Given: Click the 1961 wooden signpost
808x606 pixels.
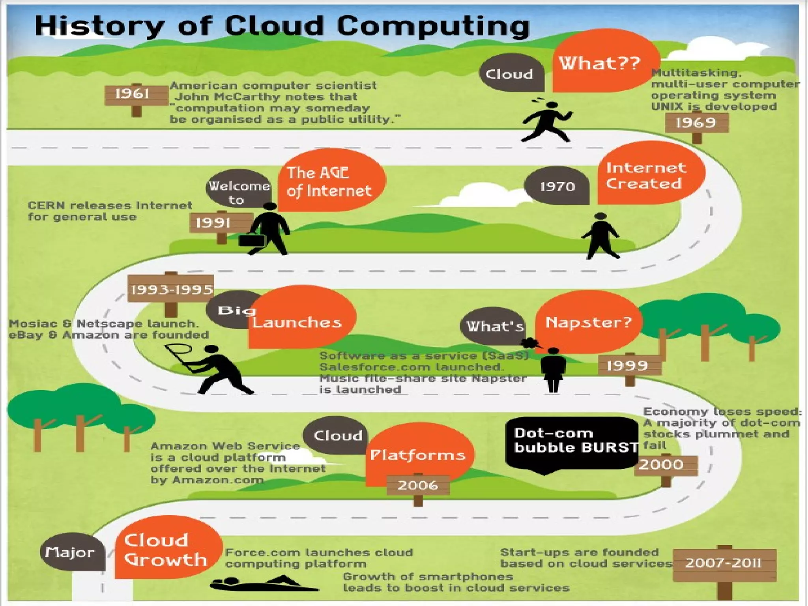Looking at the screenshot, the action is pos(136,95).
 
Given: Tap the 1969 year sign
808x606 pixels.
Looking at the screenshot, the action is pos(696,123).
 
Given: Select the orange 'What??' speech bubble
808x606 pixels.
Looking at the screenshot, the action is pos(602,63).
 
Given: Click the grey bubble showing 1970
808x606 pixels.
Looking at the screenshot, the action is pos(557,186).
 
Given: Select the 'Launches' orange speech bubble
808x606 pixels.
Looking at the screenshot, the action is pos(300,320).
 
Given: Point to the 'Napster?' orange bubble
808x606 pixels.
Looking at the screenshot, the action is pos(588,322).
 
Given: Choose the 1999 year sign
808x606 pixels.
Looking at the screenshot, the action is pos(629,366).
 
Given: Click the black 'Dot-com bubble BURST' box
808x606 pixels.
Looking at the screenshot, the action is pos(572,442).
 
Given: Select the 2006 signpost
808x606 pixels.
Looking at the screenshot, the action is pos(418,485).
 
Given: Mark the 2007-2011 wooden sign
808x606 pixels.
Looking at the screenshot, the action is pos(724,563).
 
